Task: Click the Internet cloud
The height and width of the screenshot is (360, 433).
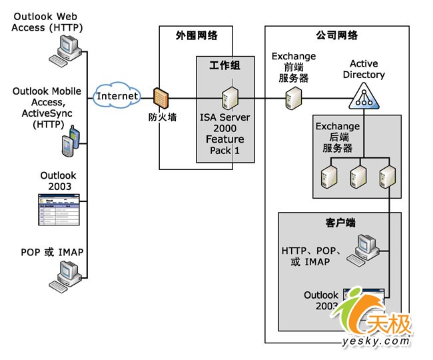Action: pyautogui.click(x=118, y=96)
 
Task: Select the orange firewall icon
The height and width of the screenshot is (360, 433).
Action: pyautogui.click(x=161, y=97)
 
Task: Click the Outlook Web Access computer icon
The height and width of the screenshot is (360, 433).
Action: pyautogui.click(x=68, y=49)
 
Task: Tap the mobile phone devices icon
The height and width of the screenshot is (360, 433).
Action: pyautogui.click(x=71, y=142)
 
